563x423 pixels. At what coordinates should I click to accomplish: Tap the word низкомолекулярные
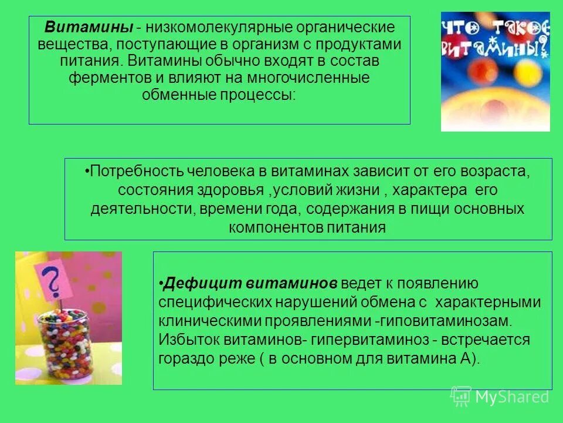[x=204, y=27]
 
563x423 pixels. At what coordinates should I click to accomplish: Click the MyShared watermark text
[x=512, y=397]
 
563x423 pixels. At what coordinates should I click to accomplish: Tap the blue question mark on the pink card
[x=53, y=281]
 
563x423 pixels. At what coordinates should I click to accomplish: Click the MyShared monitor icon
[x=461, y=396]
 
